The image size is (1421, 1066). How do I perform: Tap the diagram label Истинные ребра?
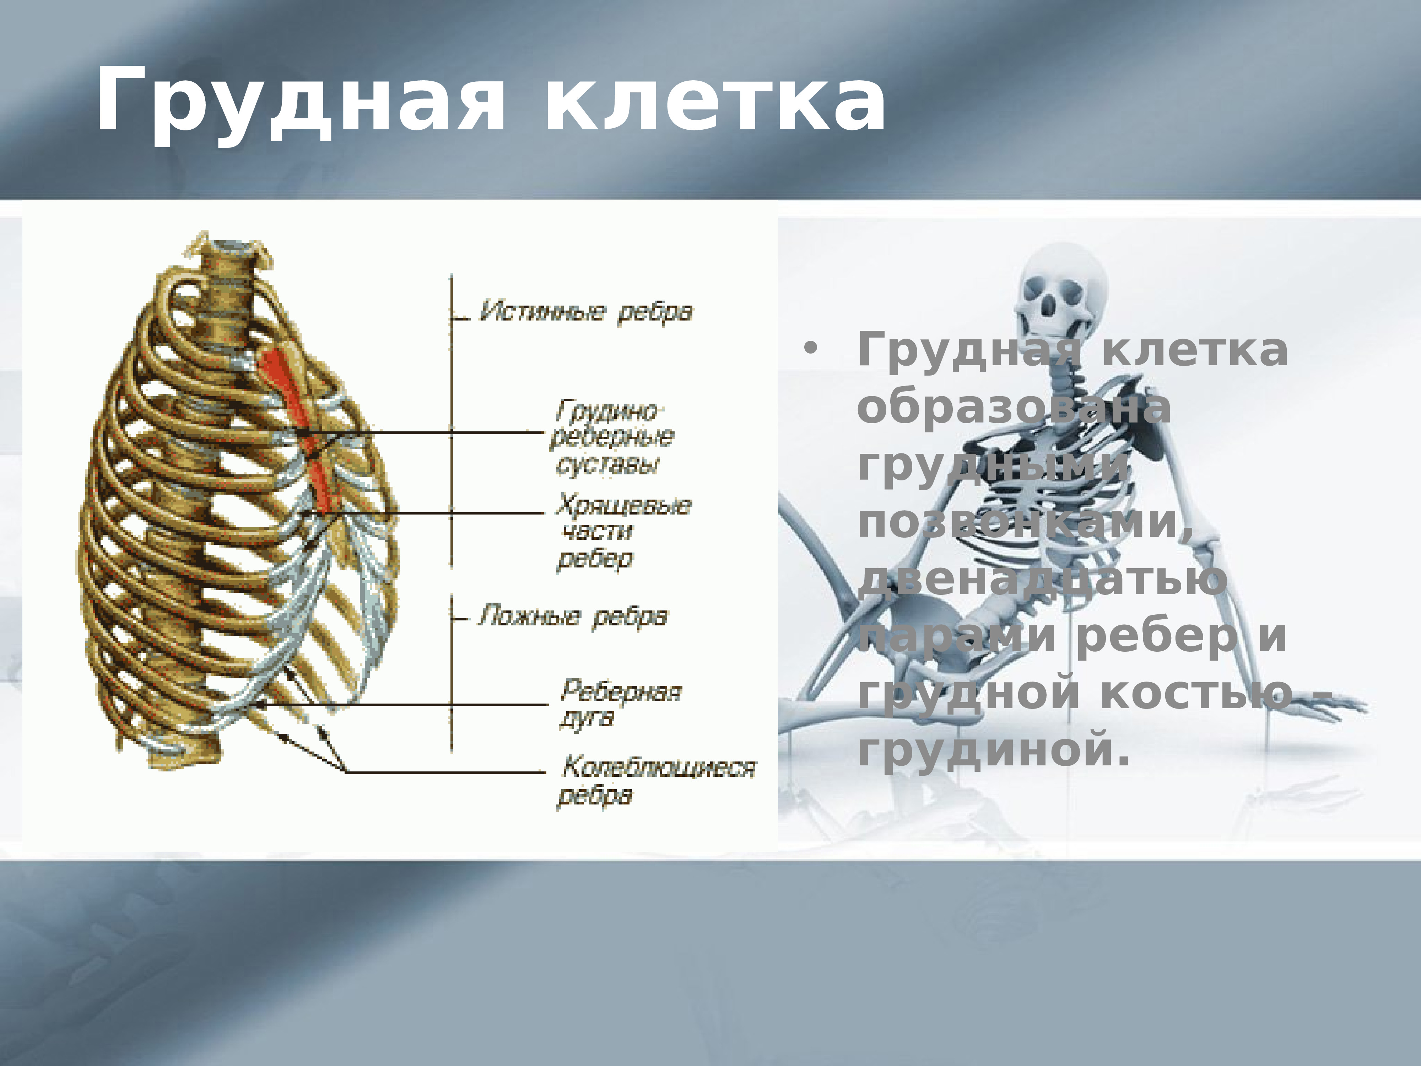click(x=586, y=312)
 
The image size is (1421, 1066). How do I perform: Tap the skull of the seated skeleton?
click(x=1060, y=289)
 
